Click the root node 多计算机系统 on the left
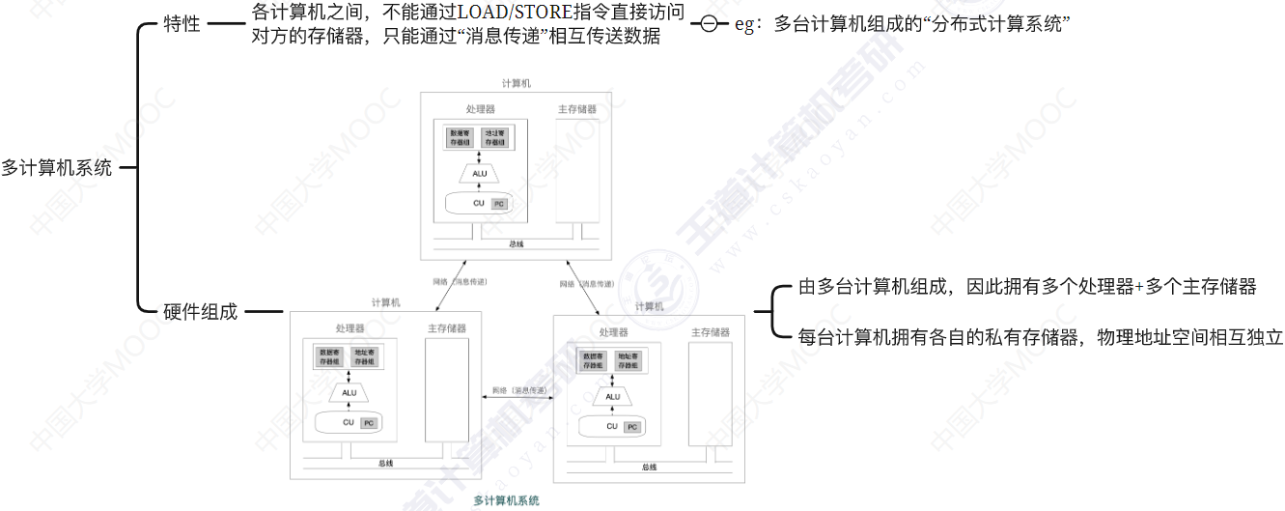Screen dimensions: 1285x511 click(x=56, y=167)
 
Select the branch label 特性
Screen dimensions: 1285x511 click(x=182, y=24)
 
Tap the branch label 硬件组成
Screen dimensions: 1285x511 click(x=200, y=312)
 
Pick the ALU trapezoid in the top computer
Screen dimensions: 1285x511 click(x=480, y=174)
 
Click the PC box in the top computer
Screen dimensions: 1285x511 click(x=499, y=205)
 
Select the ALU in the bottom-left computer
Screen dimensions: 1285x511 click(x=349, y=393)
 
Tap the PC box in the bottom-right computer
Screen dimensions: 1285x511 click(x=632, y=427)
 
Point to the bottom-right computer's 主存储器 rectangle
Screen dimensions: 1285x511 click(x=710, y=396)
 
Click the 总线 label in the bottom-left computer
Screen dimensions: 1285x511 click(x=385, y=463)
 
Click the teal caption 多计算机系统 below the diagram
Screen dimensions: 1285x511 click(x=507, y=500)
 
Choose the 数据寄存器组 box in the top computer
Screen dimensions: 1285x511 click(x=461, y=138)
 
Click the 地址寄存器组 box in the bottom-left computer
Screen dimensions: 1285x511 click(x=365, y=357)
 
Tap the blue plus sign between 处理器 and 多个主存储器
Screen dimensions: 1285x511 click(x=1138, y=287)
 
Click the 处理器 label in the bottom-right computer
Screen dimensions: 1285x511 click(x=613, y=332)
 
